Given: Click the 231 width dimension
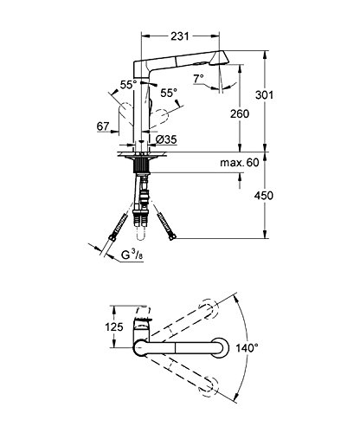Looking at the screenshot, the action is point(180,36).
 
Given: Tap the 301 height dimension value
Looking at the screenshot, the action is point(264,94).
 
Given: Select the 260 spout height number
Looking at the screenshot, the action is point(240,113).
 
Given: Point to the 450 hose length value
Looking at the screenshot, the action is point(264,196).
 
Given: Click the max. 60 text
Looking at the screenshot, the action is point(240,163).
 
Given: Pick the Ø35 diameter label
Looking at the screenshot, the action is point(166,139).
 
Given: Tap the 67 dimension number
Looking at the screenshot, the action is point(103,126).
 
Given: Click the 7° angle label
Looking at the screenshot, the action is point(199,78).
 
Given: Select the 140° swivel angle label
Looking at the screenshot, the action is point(247,348).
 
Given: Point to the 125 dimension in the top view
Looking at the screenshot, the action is point(114,327).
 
